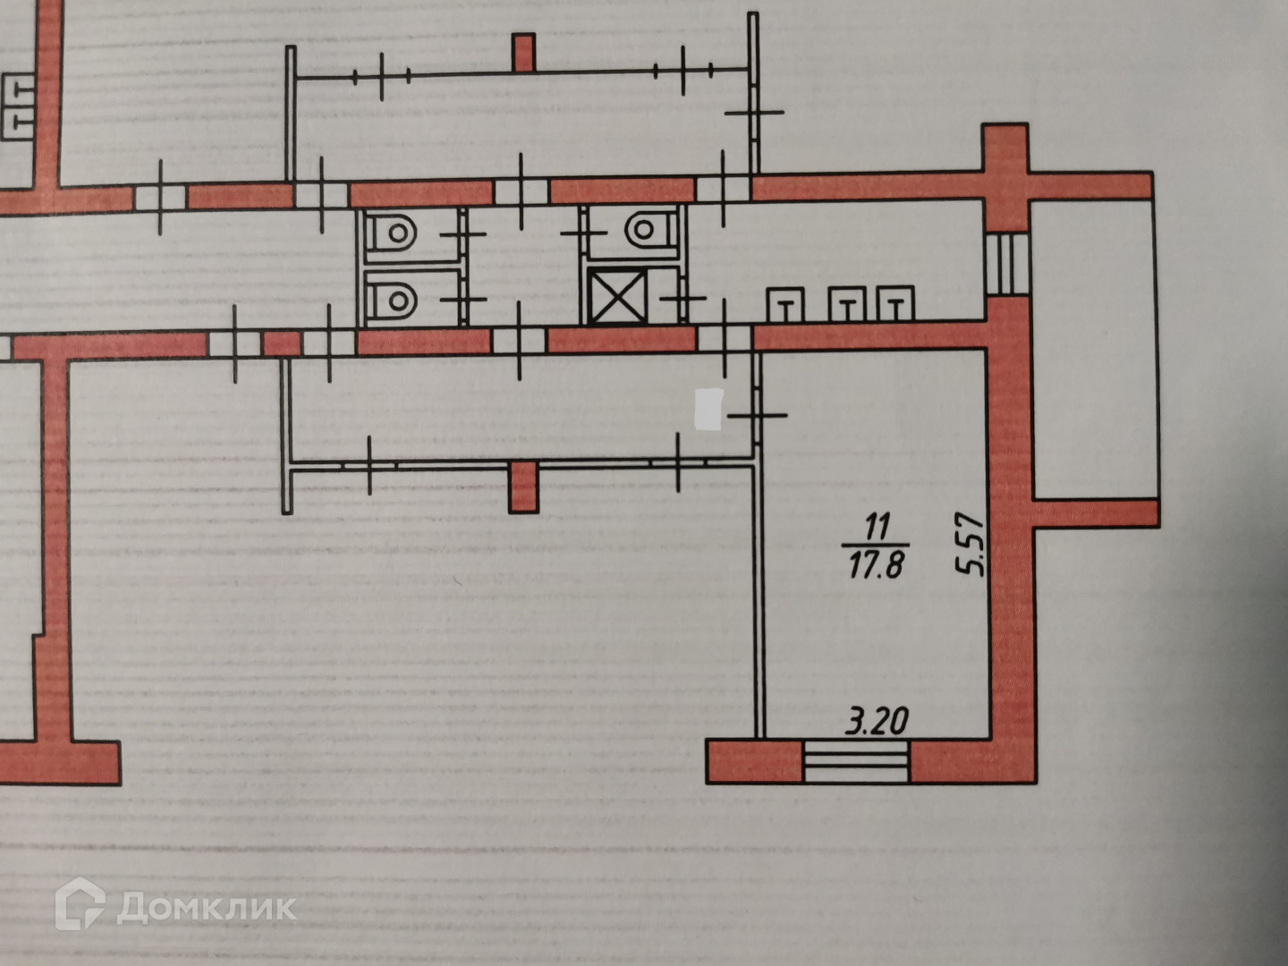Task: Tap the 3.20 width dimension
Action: point(877,721)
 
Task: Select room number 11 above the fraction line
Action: point(876,526)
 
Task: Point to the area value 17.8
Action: point(876,565)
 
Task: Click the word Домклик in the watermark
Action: point(206,908)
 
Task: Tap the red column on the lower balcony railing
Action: point(522,487)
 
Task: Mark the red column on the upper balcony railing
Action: point(524,52)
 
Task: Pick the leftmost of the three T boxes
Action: point(785,305)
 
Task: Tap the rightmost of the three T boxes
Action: point(895,305)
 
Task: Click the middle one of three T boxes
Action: point(845,305)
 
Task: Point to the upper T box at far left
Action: point(20,90)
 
